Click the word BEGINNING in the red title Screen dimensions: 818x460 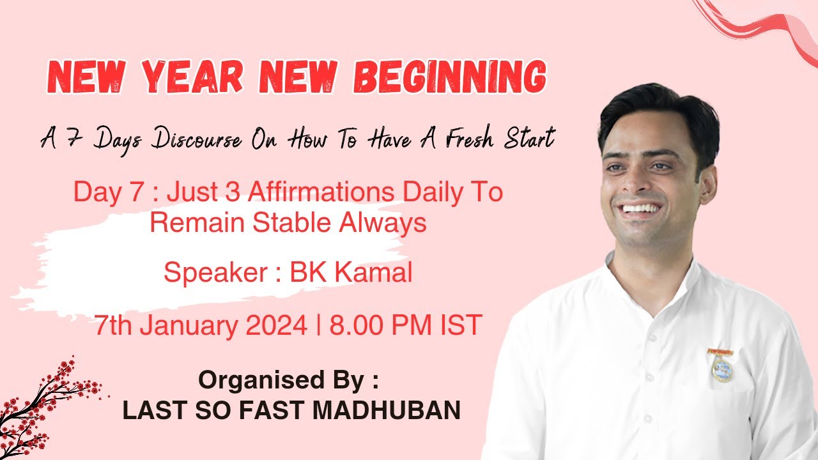451,77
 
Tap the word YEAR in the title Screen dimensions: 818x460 192,77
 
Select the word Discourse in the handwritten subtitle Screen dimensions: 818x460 197,139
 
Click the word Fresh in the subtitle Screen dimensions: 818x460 470,137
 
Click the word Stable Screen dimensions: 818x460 292,222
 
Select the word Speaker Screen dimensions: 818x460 216,273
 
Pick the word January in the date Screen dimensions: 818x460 189,326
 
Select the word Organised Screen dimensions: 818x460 262,380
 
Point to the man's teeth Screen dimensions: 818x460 642,208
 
